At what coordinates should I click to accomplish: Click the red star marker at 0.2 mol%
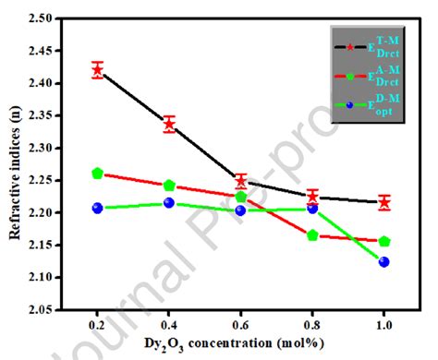97,69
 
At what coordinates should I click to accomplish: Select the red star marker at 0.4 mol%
169,124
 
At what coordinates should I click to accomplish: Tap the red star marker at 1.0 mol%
384,202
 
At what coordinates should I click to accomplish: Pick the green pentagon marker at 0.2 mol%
97,174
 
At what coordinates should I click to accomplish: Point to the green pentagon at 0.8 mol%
312,235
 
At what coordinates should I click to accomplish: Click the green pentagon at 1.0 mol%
384,241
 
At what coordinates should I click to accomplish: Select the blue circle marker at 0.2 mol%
97,208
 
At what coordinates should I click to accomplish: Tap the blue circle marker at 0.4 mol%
169,203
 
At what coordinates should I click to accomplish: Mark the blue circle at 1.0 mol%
384,262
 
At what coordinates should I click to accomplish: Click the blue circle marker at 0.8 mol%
312,209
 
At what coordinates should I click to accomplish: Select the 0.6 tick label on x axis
240,325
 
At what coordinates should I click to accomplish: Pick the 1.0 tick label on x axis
384,325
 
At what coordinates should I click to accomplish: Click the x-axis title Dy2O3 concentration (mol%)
240,344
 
